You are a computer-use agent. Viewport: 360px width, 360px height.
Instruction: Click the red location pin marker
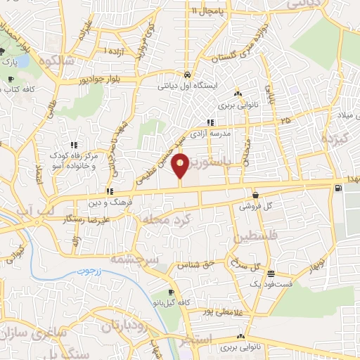(181, 166)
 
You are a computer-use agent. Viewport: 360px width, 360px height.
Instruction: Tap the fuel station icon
(340, 188)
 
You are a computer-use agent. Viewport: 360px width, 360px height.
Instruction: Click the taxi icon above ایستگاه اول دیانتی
(187, 74)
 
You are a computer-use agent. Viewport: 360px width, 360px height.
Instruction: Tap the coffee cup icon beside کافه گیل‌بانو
(171, 292)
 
